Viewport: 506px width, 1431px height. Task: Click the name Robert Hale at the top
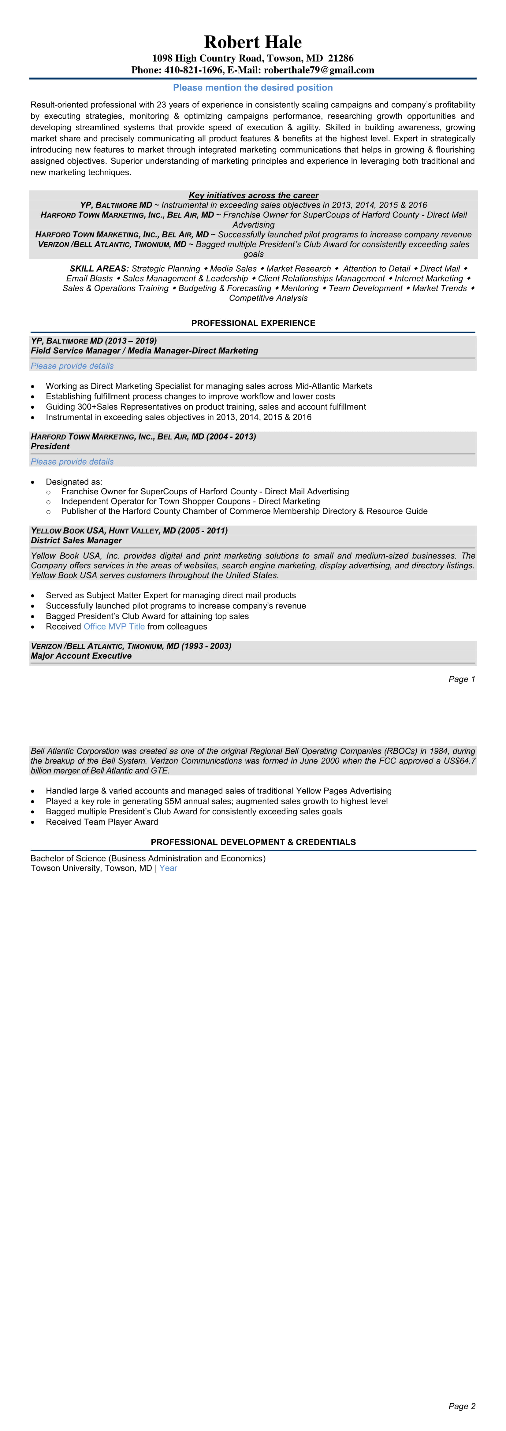[x=253, y=42]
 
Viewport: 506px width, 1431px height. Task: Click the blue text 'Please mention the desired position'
[x=253, y=88]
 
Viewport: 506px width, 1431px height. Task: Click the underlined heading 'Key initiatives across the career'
[x=253, y=195]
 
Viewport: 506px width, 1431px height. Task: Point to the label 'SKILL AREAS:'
[x=99, y=269]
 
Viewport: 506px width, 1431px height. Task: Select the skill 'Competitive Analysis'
[x=268, y=298]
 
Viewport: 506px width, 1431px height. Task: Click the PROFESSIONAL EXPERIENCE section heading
[x=253, y=323]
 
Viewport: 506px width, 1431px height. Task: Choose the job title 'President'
[x=50, y=447]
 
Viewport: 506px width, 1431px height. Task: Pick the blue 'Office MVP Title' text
[x=114, y=626]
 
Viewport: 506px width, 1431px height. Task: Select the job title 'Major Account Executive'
[x=81, y=656]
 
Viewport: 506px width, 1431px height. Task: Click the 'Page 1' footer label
[x=462, y=679]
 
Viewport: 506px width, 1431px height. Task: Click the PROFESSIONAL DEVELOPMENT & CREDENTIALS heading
[x=253, y=842]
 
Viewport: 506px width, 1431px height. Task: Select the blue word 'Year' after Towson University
[x=168, y=868]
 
